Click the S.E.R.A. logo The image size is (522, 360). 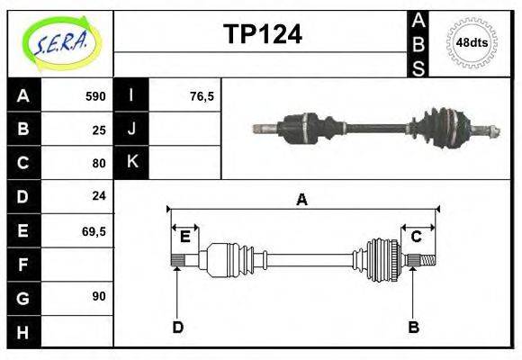coord(60,43)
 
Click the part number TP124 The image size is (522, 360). coord(262,34)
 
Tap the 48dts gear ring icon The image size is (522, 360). coord(472,42)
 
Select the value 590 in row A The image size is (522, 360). coord(95,95)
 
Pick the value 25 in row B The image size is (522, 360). coord(99,129)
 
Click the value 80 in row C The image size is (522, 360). coord(99,163)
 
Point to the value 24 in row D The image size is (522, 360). coord(99,195)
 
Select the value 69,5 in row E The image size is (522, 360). coord(94,230)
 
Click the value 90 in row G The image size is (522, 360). coord(99,296)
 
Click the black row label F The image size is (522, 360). coord(22,265)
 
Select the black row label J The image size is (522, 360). coord(131,129)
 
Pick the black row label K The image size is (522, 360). coord(131,162)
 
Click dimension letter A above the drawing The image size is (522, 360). coord(301,200)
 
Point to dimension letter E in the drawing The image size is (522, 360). coord(184,237)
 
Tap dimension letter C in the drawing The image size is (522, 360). coord(416,237)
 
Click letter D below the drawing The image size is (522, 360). coord(177,327)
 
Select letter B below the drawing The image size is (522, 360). coord(413,327)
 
